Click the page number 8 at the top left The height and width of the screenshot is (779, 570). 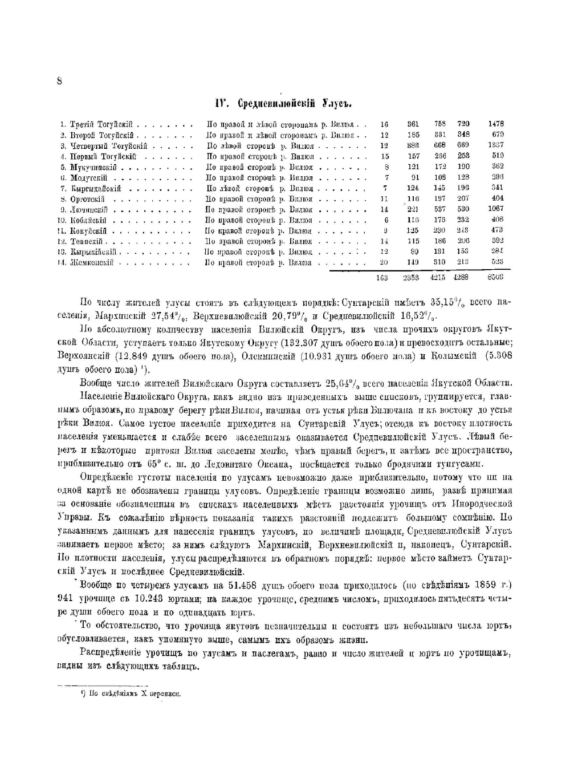59,81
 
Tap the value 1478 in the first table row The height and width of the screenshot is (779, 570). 495,124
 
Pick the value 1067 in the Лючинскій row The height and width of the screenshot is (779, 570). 495,209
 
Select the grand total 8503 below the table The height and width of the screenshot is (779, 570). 495,277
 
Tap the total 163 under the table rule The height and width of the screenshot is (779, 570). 382,277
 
